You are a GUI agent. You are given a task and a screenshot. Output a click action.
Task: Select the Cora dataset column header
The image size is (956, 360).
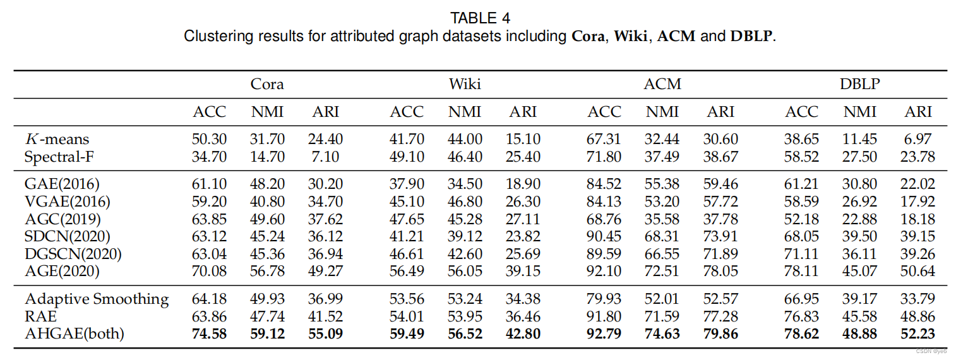[267, 84]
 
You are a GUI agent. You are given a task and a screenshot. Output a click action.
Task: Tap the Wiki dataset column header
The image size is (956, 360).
[465, 84]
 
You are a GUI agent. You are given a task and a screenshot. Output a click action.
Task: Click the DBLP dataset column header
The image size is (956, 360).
[859, 84]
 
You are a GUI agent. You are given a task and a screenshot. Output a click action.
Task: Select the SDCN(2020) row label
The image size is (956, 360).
[68, 237]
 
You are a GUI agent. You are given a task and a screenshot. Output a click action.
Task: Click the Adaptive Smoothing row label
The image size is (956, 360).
[97, 299]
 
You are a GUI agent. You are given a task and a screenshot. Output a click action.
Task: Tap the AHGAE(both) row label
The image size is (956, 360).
[75, 333]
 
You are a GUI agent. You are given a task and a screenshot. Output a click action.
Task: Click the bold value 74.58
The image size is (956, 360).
[209, 333]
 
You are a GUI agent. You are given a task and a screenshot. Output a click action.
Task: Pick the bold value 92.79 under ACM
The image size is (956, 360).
[604, 333]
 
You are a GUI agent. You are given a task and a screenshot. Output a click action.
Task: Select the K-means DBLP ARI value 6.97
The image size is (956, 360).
[918, 140]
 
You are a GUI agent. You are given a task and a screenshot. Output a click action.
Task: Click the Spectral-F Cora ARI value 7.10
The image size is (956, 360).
[326, 156]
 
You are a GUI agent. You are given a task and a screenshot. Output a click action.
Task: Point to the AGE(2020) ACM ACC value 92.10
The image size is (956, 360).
[604, 272]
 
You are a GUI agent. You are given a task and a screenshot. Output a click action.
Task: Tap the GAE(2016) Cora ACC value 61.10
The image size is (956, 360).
[209, 184]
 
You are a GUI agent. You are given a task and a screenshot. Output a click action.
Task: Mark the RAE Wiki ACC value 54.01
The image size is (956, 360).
[407, 316]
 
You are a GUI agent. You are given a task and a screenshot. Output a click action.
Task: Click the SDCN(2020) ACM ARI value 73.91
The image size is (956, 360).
[720, 237]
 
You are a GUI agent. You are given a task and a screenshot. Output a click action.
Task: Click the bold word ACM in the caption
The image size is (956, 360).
[676, 36]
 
